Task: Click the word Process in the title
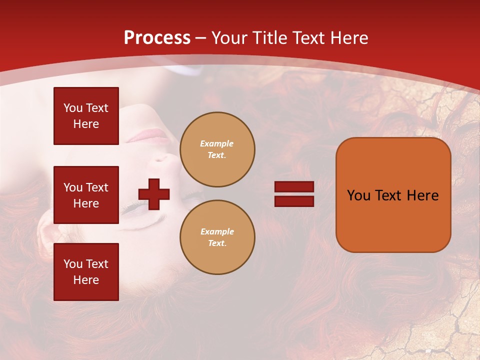(157, 38)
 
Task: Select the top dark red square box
(86, 116)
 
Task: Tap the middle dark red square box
(86, 195)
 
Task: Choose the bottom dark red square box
(86, 272)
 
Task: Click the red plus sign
(154, 193)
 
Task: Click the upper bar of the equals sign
(294, 186)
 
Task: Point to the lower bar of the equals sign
(294, 201)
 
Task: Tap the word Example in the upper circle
(216, 143)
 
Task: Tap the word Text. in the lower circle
(217, 243)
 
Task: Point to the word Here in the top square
(86, 124)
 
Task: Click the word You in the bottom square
(73, 264)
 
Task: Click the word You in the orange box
(358, 195)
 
